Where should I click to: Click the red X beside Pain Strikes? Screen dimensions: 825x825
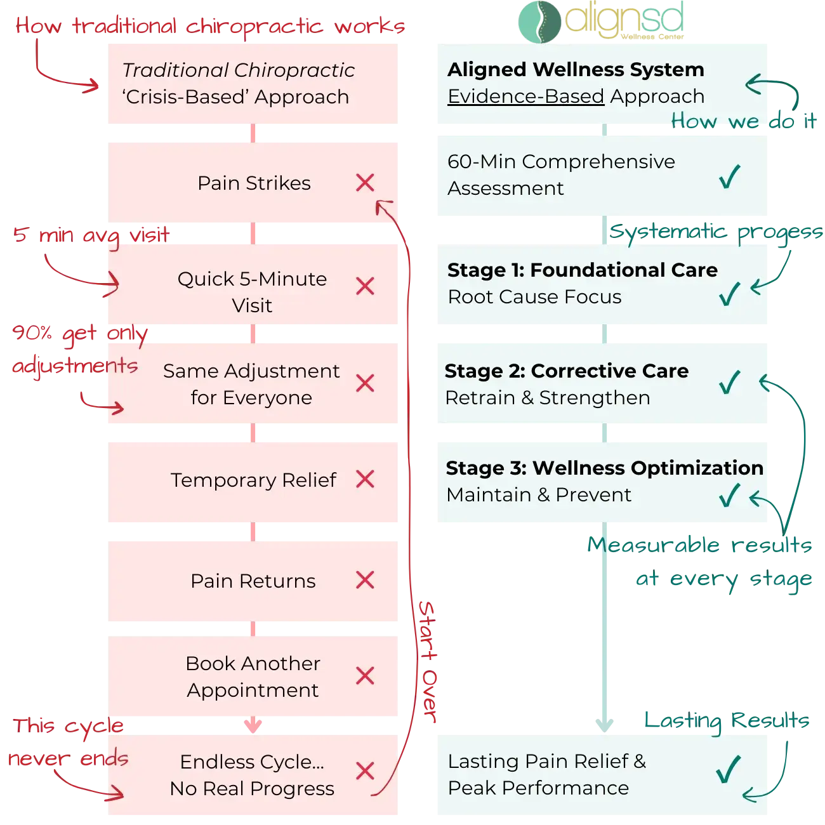click(365, 183)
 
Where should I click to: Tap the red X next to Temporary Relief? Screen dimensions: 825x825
click(365, 479)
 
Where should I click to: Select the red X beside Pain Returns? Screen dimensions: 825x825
click(365, 580)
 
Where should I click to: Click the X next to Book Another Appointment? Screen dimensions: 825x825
click(365, 676)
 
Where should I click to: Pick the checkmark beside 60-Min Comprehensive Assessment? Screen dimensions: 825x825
click(730, 176)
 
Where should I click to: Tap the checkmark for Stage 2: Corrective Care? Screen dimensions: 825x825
click(730, 382)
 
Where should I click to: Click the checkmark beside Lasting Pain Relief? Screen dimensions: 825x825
click(728, 769)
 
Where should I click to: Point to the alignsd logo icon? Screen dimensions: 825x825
click(539, 20)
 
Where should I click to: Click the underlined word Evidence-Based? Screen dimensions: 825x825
click(525, 96)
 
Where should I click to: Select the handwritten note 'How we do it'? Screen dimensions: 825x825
click(743, 121)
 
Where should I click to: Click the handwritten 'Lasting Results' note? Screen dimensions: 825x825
click(727, 722)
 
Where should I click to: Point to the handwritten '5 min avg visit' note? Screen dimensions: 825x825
click(91, 235)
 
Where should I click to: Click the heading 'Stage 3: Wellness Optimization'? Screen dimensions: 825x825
click(604, 468)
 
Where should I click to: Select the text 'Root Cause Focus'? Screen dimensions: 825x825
click(534, 297)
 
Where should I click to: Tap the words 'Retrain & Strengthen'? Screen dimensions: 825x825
click(547, 398)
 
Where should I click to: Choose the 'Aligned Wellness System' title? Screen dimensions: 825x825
click(576, 69)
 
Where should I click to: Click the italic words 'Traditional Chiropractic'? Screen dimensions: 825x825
click(238, 70)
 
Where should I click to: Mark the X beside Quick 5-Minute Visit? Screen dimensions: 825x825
click(365, 286)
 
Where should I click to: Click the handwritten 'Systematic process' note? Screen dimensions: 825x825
click(716, 233)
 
